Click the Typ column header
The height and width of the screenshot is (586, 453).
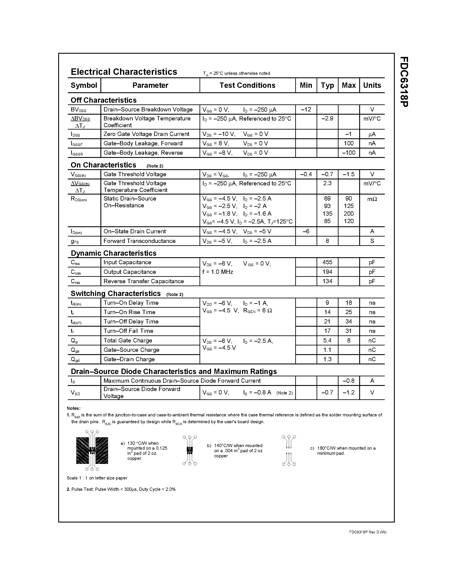(x=327, y=85)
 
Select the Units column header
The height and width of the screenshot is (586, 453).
(x=372, y=85)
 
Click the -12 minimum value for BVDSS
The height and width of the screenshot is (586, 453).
(x=306, y=110)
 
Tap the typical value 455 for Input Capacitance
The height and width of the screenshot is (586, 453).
(x=327, y=262)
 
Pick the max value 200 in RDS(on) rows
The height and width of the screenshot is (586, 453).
(x=349, y=214)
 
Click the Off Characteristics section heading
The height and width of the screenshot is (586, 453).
(x=104, y=100)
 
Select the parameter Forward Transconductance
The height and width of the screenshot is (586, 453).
(x=139, y=241)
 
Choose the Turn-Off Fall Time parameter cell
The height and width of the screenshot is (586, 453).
(x=128, y=331)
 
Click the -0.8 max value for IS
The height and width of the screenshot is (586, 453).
(x=348, y=381)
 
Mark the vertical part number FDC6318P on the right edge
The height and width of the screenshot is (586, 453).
(x=403, y=82)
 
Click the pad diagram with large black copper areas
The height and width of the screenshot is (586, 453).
(x=92, y=450)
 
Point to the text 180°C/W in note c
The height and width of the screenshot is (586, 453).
(x=326, y=448)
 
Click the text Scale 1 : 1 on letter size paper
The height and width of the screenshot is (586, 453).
(x=97, y=478)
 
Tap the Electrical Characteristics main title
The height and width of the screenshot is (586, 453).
(x=124, y=72)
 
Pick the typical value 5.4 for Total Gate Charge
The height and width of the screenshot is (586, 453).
(x=327, y=341)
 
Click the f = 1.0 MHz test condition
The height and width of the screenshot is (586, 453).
(x=217, y=272)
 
